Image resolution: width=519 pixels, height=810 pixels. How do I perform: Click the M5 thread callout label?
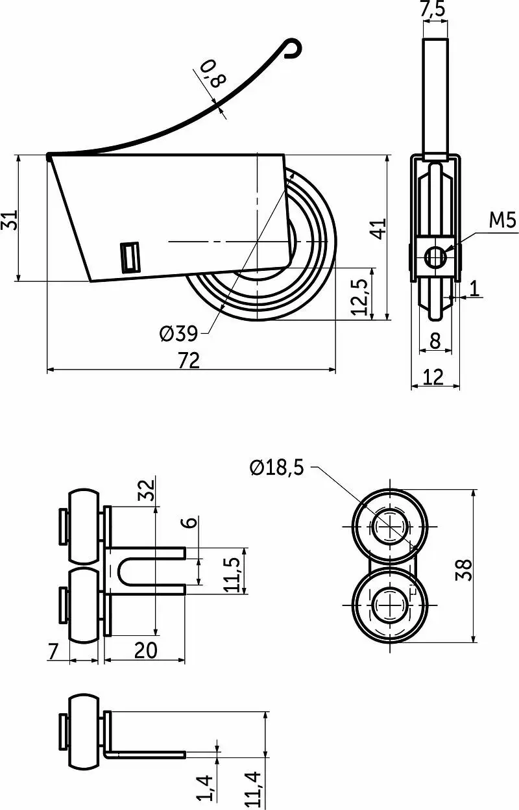[x=503, y=220]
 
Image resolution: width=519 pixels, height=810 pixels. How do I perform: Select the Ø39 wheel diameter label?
[x=179, y=333]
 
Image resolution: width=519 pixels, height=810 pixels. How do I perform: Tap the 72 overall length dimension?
[x=189, y=361]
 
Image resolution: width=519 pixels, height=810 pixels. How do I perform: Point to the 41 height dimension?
[x=379, y=228]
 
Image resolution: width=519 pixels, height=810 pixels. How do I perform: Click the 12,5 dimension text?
[x=359, y=297]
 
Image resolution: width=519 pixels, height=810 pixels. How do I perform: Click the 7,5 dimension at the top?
[x=433, y=8]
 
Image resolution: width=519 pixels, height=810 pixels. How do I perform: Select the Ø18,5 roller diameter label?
[x=277, y=468]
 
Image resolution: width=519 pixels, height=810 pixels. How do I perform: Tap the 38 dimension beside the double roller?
[x=464, y=570]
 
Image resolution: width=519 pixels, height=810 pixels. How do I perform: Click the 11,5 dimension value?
[x=233, y=574]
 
